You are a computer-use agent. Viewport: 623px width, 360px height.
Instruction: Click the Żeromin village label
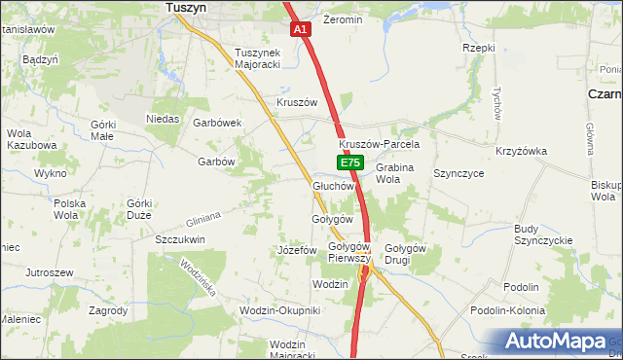tap(342, 19)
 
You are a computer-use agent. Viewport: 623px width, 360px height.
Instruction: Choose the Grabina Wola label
tap(394, 173)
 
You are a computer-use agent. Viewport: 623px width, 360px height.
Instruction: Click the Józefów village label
tap(298, 250)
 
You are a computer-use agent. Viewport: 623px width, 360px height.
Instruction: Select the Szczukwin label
tap(180, 238)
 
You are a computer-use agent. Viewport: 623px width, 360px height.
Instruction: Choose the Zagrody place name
tap(108, 310)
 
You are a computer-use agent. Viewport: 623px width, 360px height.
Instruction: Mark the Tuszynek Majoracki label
tap(257, 59)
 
